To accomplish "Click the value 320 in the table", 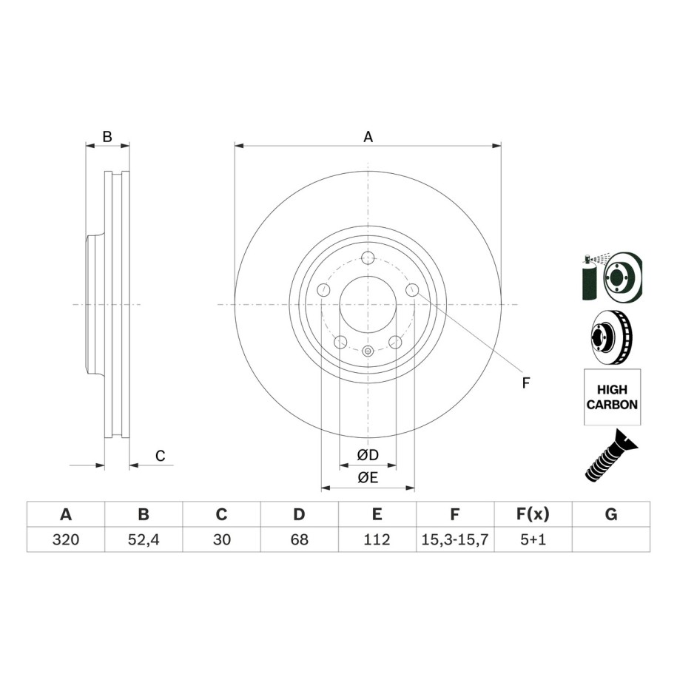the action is (x=66, y=539).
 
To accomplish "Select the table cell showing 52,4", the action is (x=144, y=539).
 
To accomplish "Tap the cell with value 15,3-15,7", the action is (x=455, y=539).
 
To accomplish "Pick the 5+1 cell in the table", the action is (x=533, y=539).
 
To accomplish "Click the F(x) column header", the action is (x=533, y=514).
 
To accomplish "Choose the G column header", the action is (x=611, y=514).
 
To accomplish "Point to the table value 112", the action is (x=377, y=539).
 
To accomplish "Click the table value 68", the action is (x=299, y=539).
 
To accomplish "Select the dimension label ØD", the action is (x=368, y=454).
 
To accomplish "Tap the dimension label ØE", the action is (x=368, y=477).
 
